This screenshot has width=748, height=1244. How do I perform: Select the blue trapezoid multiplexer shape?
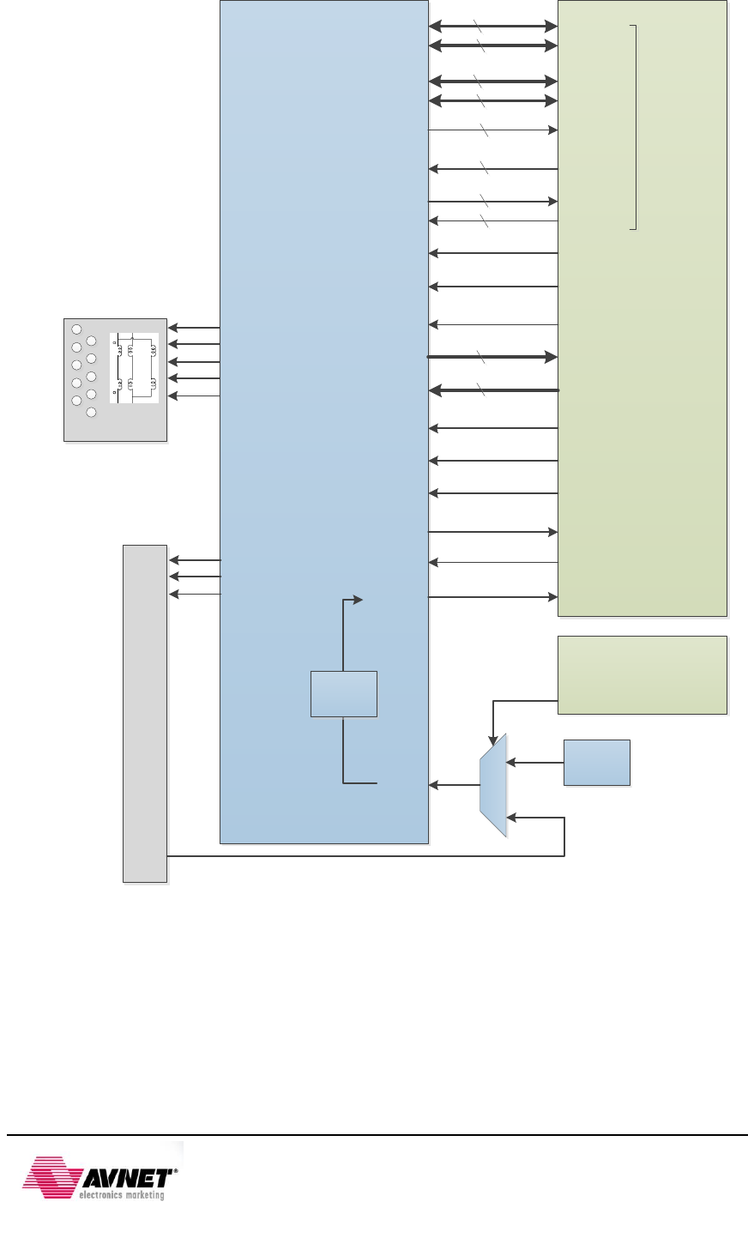click(x=493, y=784)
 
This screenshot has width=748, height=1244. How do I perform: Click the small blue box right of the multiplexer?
click(x=597, y=762)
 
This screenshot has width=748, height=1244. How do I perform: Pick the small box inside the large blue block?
click(x=343, y=694)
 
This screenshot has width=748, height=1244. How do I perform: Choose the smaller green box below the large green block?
click(x=642, y=674)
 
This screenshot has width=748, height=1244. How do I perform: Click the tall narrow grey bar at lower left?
click(x=145, y=712)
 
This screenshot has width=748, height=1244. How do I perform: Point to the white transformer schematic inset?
click(x=135, y=367)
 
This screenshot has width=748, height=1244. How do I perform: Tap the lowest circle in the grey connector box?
click(x=91, y=412)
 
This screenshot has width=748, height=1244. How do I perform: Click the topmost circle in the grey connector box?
click(x=76, y=329)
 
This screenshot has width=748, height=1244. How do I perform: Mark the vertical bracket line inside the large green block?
click(x=636, y=127)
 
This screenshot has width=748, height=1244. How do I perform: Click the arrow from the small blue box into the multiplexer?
click(x=535, y=762)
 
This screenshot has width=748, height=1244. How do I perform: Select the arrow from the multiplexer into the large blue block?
click(x=454, y=785)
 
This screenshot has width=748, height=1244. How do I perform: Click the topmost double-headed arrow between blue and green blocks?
click(x=493, y=27)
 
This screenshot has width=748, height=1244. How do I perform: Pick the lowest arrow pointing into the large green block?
click(x=493, y=596)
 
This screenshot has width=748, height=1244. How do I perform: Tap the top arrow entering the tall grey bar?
click(x=194, y=560)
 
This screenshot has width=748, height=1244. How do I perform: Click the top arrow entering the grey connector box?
click(x=194, y=328)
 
